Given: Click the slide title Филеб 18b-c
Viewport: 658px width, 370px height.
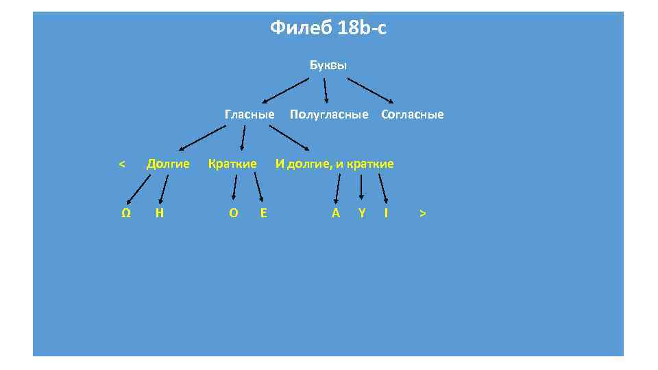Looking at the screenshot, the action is click(x=328, y=28).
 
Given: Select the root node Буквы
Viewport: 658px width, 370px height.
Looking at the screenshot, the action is click(x=328, y=66).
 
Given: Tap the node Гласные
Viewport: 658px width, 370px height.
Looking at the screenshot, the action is click(x=249, y=114).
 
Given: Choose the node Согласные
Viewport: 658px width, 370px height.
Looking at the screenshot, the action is click(x=412, y=114).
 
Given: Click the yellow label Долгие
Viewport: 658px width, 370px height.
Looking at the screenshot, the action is click(x=168, y=164).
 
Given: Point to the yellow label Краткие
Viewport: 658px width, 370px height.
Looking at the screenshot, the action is click(x=232, y=164).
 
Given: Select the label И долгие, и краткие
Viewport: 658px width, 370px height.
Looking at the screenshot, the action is click(x=334, y=164).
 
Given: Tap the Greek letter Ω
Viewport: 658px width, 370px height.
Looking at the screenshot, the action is click(x=126, y=213).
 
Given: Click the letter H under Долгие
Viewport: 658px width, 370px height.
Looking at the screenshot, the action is click(x=159, y=213).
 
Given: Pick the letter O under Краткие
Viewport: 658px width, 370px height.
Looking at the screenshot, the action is click(x=234, y=213).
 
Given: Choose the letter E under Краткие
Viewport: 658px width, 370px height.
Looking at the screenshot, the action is click(x=264, y=213).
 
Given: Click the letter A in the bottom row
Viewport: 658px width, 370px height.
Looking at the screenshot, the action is click(x=336, y=213).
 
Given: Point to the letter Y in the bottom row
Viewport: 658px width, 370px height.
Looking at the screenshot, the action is click(x=362, y=213).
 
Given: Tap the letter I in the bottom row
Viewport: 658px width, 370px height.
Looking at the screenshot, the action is click(x=387, y=213).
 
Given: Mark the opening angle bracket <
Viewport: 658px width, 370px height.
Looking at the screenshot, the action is click(x=121, y=164).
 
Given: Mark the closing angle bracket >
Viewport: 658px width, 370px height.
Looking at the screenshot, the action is click(x=423, y=213).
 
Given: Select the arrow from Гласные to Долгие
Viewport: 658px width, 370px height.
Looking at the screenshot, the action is click(x=202, y=137).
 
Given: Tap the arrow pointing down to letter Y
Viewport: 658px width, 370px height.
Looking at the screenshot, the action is click(x=361, y=188).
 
